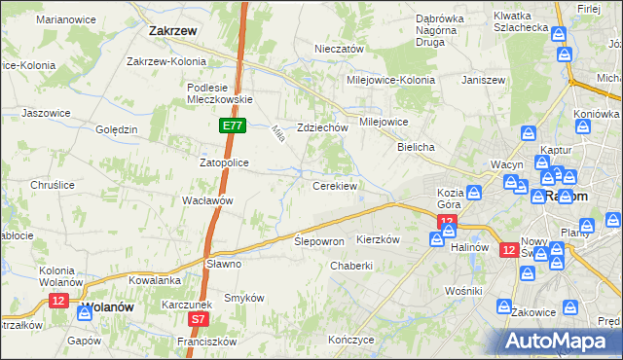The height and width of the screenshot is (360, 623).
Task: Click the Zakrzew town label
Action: (174, 30)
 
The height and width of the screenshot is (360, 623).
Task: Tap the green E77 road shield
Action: (232, 126)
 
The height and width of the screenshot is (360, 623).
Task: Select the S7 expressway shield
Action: (199, 318)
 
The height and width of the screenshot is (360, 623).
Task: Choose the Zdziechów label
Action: (322, 127)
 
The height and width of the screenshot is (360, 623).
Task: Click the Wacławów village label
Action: (207, 200)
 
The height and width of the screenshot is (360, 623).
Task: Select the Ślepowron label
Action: (319, 240)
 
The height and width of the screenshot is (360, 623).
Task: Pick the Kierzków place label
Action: (379, 239)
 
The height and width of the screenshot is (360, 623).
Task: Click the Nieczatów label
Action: (339, 49)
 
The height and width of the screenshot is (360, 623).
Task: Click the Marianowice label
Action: (63, 19)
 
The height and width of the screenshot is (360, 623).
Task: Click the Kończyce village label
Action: (351, 341)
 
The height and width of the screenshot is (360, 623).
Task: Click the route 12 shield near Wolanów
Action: (58, 302)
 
